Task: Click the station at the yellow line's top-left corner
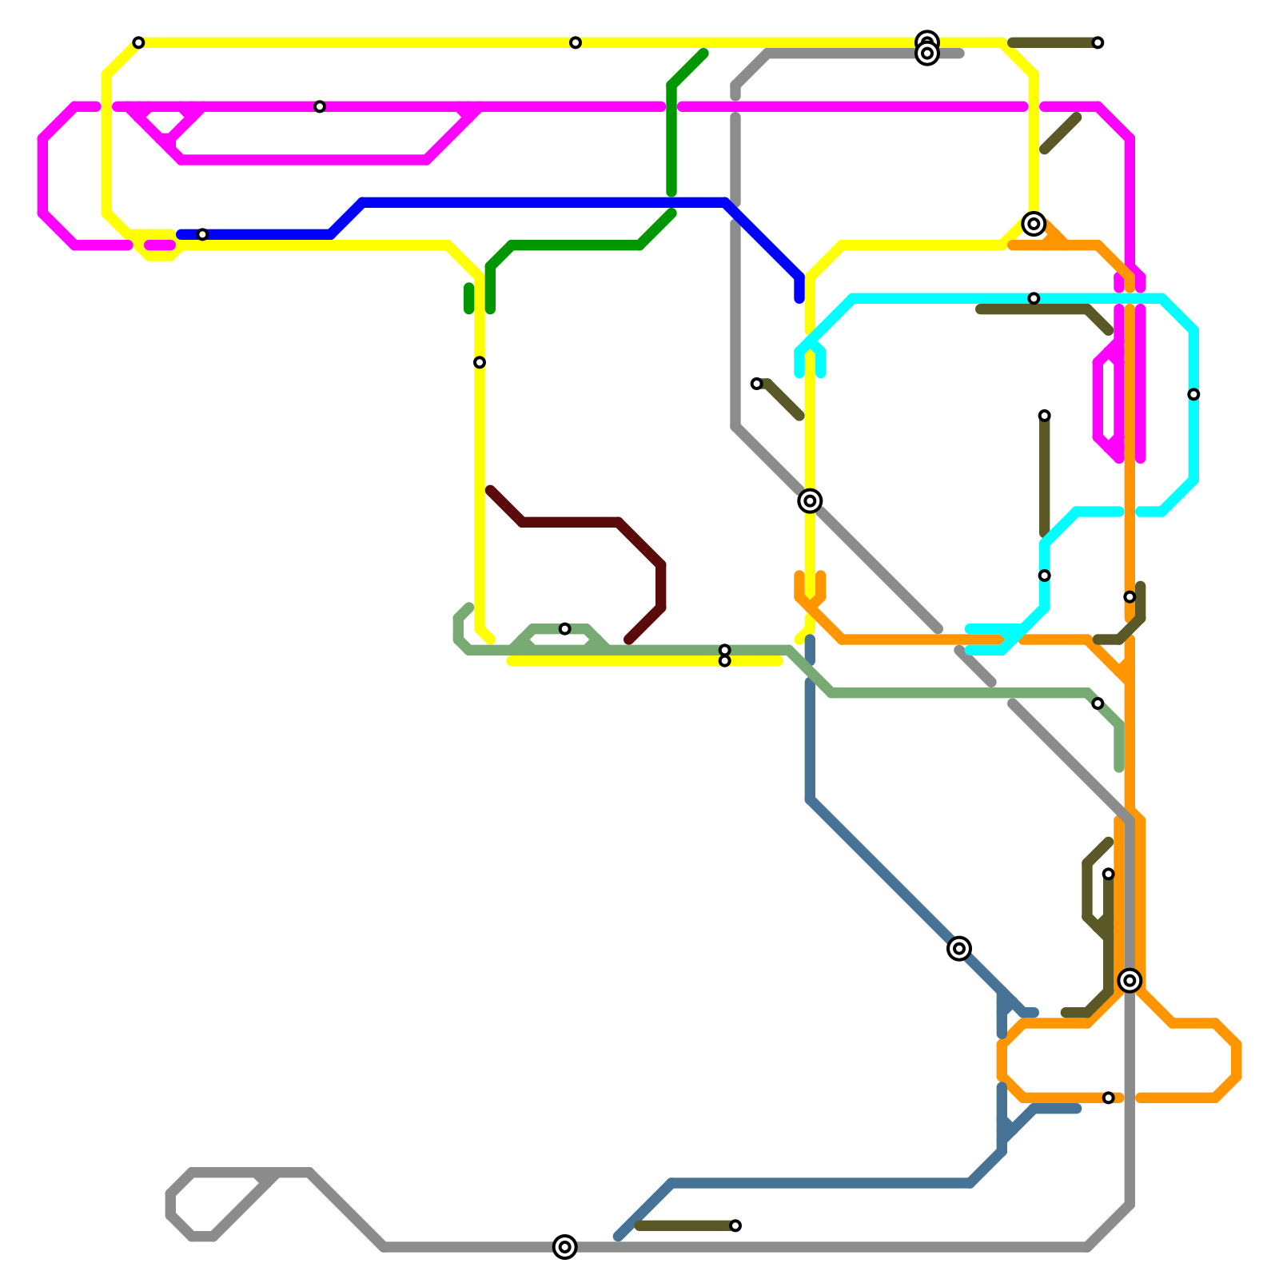[x=138, y=42]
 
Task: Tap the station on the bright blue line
[x=202, y=234]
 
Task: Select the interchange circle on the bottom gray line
[x=564, y=1246]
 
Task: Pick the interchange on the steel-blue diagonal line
[x=959, y=948]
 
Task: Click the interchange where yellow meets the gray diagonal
[x=810, y=500]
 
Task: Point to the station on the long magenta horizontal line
[x=320, y=106]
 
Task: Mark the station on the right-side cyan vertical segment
[x=1193, y=394]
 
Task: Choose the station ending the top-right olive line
[x=1098, y=42]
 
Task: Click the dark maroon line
[x=576, y=522]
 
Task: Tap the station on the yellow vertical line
[x=480, y=362]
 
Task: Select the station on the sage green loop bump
[x=564, y=628]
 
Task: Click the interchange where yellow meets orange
[x=1034, y=224]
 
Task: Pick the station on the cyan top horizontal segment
[x=1034, y=298]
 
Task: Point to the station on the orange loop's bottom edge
[x=1108, y=1098]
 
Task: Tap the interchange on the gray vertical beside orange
[x=1130, y=980]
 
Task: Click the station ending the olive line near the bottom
[x=735, y=1225]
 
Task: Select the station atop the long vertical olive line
[x=1044, y=416]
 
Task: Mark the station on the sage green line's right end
[x=1098, y=703]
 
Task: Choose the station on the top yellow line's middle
[x=576, y=42]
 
